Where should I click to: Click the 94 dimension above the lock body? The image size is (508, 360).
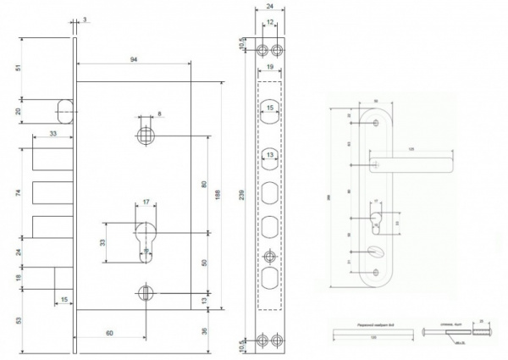(135, 59)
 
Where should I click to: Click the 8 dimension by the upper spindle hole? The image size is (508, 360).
(158, 112)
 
